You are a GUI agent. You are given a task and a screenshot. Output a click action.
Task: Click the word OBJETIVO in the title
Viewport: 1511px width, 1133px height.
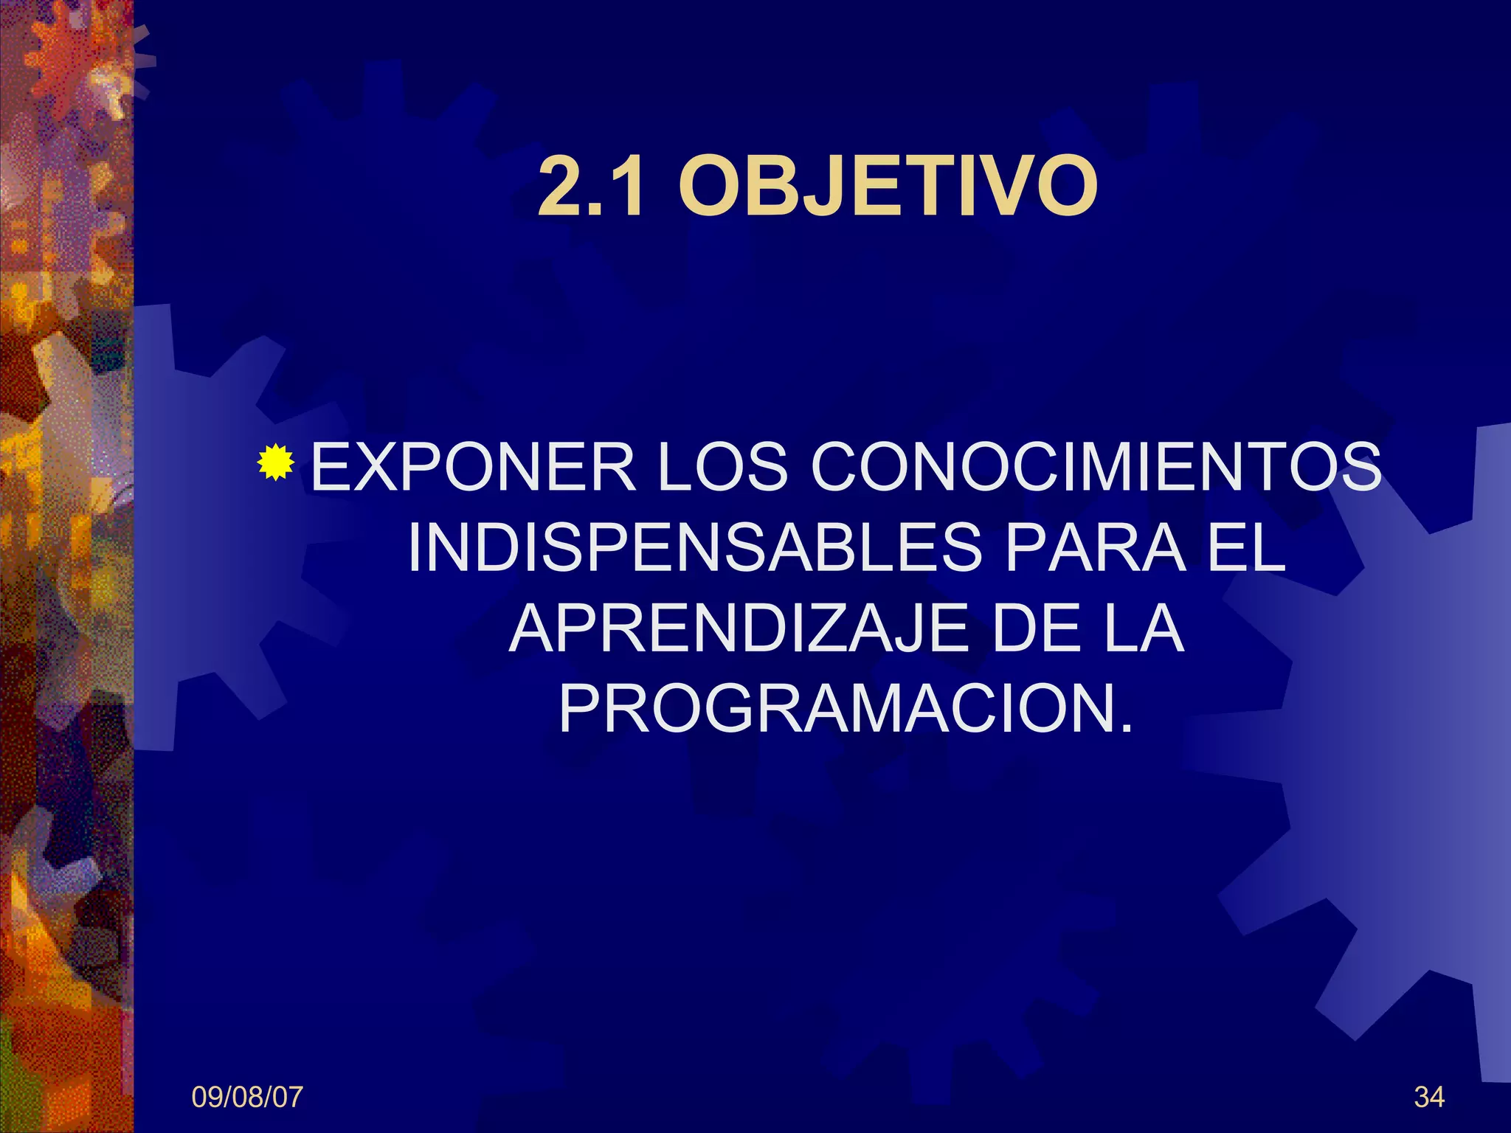(888, 187)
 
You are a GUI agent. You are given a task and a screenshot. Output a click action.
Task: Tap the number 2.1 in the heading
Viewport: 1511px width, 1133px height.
(590, 187)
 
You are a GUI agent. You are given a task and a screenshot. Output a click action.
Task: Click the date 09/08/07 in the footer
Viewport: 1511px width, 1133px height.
(247, 1098)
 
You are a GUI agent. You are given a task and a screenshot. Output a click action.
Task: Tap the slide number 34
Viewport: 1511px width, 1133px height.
(1429, 1098)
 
